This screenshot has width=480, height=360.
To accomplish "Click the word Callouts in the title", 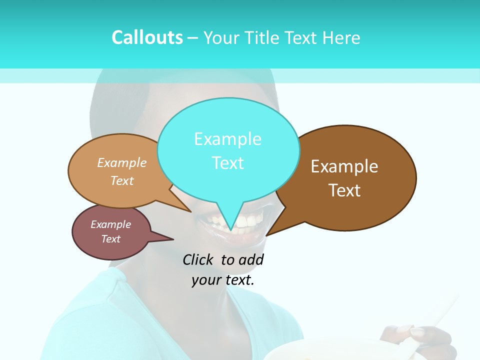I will click(147, 38).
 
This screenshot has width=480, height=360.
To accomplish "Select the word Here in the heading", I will click(341, 38).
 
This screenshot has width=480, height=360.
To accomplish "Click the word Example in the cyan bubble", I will click(227, 139).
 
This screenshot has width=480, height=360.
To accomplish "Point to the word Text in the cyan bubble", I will click(227, 163).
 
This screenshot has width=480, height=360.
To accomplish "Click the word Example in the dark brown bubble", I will click(344, 166).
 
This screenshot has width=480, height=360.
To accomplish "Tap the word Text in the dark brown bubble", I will click(344, 190).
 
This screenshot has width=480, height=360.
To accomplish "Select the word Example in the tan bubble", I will click(122, 163).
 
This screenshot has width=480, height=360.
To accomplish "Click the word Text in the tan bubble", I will click(122, 180).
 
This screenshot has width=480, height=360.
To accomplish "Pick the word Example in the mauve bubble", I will click(110, 224).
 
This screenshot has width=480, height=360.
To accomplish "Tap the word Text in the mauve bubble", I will click(110, 239).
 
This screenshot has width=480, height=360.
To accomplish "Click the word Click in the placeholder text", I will click(197, 259).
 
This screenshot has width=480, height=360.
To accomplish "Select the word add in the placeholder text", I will click(251, 259).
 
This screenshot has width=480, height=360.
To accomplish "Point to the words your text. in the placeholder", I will click(222, 280).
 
